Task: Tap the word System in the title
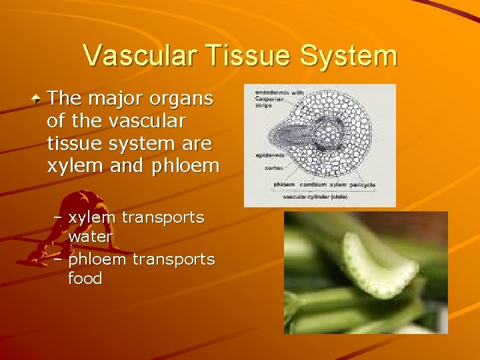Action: coord(351,55)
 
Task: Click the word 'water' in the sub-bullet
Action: coord(91,237)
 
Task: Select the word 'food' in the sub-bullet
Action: coord(85,278)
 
